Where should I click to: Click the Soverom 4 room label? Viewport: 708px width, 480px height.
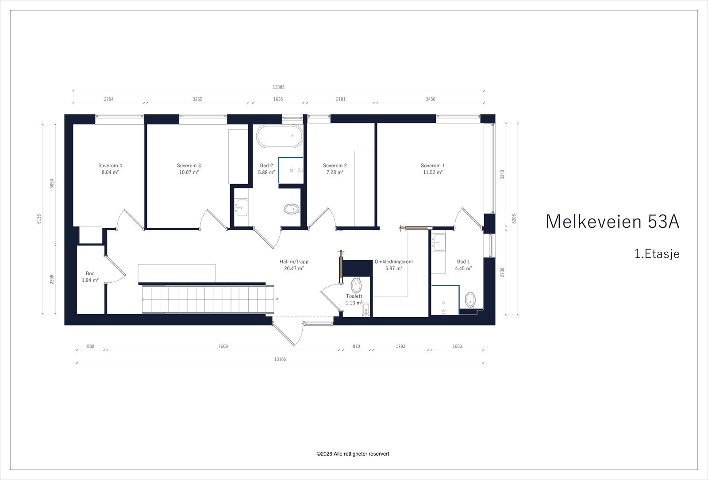[x=110, y=165]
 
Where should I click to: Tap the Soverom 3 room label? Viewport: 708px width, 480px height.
[x=189, y=165]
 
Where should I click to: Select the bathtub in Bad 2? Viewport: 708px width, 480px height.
[x=280, y=137]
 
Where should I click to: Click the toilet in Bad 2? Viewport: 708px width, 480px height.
[x=291, y=209]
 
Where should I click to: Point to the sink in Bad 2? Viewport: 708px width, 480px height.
[x=241, y=206]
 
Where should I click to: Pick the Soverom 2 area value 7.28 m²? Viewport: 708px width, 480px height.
[x=335, y=173]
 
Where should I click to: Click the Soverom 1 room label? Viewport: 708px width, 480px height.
[x=432, y=165]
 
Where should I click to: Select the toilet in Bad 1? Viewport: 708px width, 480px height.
[x=470, y=300]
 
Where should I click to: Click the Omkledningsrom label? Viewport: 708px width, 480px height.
[x=393, y=261]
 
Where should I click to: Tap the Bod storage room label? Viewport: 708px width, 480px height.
[x=90, y=273]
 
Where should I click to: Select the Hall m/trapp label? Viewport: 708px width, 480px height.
[x=294, y=261]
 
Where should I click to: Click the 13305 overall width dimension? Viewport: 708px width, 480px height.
[x=278, y=88]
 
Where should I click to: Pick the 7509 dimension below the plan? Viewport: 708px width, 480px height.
[x=223, y=346]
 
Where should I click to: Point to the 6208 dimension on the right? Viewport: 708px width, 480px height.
[x=514, y=219]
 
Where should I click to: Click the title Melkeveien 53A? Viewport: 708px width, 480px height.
[x=612, y=222]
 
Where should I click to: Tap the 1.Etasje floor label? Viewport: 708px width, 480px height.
[x=657, y=254]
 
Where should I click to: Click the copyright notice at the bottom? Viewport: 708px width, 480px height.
[x=353, y=454]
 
